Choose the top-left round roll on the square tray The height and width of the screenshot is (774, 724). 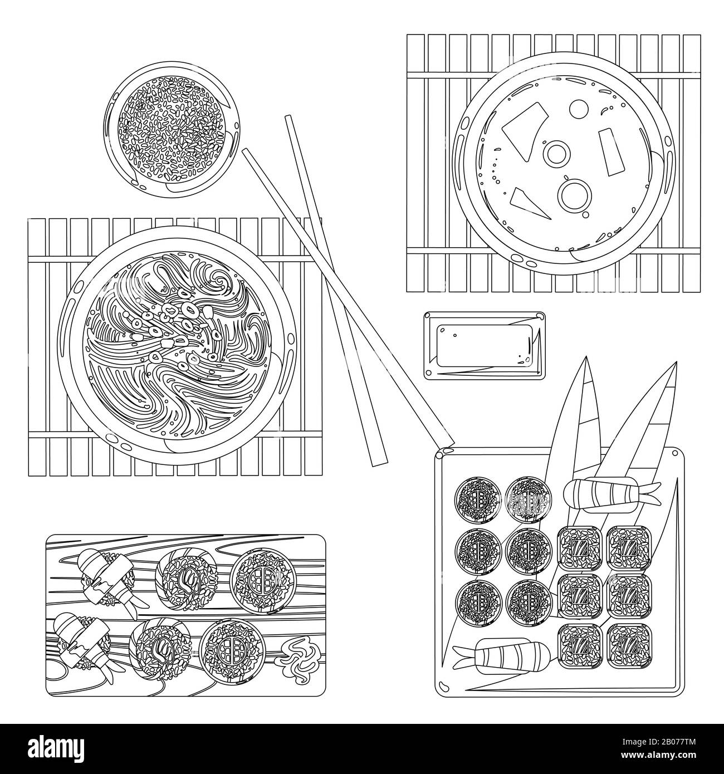point(478,497)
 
